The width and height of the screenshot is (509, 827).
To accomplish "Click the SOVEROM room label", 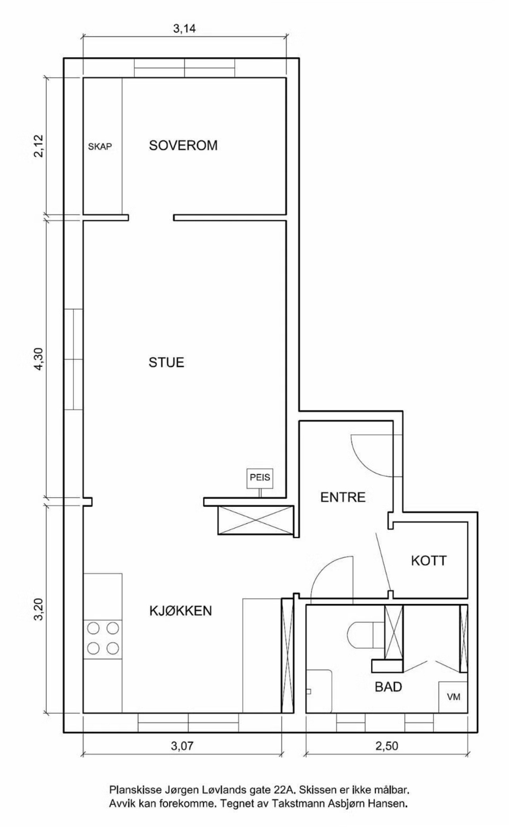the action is click(x=183, y=145).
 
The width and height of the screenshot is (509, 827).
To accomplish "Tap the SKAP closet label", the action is click(x=100, y=147).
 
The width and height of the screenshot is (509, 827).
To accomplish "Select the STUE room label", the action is click(x=166, y=362).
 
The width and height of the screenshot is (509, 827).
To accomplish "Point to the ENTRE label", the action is click(x=343, y=497).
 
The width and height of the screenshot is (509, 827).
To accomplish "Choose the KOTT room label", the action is click(x=429, y=561).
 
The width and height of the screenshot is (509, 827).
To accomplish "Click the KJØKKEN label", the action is click(x=180, y=611).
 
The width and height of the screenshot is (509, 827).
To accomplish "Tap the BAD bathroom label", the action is click(x=388, y=687).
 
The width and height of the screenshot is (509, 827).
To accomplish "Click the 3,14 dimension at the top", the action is click(x=184, y=29).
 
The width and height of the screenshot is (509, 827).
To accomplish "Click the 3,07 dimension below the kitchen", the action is click(x=182, y=746).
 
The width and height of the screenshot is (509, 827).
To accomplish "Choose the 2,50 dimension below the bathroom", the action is click(x=387, y=746).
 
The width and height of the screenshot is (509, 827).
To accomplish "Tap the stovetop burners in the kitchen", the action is click(x=103, y=638).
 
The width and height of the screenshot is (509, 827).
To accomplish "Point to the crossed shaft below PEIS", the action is click(x=256, y=520).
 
